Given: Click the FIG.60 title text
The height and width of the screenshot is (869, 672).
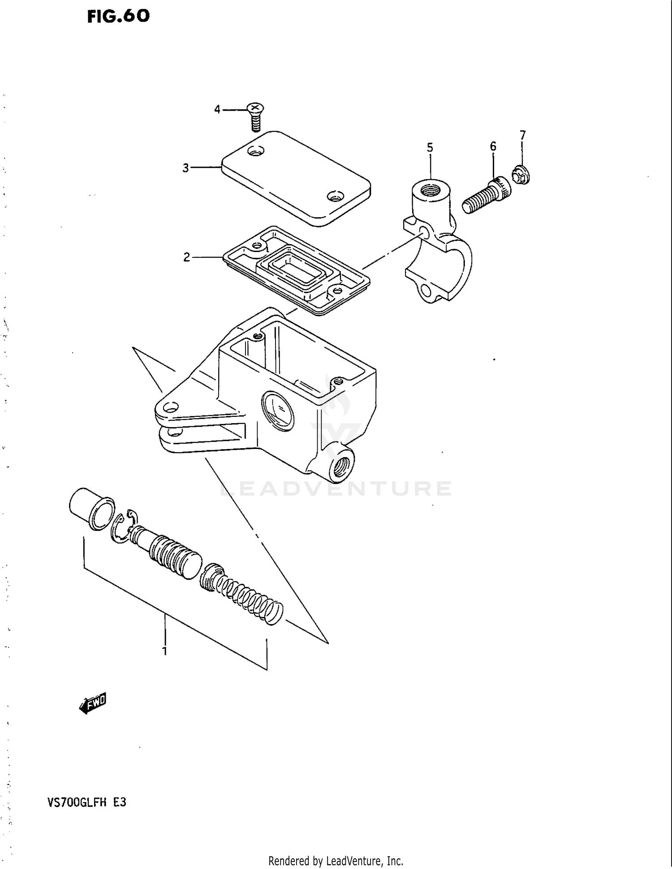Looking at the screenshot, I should click(x=118, y=17).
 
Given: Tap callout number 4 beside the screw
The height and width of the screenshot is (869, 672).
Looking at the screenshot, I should click(x=217, y=109).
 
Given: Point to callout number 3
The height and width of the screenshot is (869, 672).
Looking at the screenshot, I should click(x=185, y=168).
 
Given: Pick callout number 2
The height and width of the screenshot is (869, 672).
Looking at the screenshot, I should click(x=186, y=257).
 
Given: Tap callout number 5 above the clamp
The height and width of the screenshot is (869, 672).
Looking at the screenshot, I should click(x=430, y=147).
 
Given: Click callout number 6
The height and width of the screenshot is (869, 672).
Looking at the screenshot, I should click(x=493, y=146).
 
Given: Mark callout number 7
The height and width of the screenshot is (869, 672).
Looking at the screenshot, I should click(x=522, y=135).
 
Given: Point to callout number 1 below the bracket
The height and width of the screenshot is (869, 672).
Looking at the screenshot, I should click(x=164, y=651).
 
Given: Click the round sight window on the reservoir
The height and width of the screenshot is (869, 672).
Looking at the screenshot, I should click(x=278, y=410).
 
